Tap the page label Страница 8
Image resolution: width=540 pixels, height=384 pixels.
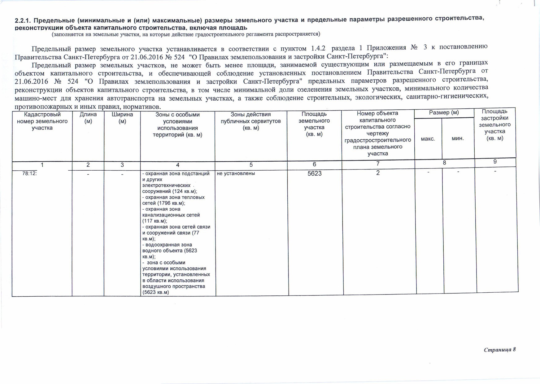(500, 350)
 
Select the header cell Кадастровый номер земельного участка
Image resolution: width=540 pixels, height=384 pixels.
(42, 121)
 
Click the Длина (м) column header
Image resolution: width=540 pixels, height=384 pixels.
(88, 118)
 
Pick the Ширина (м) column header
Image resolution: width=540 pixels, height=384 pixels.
(122, 118)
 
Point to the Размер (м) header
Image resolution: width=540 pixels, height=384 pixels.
(444, 113)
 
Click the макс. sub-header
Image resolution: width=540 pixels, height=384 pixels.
(428, 139)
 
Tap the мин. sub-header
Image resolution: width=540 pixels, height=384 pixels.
(458, 138)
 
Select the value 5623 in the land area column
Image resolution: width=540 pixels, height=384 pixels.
(314, 173)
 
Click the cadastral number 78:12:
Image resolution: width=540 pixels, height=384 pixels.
(30, 173)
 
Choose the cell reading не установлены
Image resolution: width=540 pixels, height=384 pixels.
(236, 173)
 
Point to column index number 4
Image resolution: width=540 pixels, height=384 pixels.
(177, 165)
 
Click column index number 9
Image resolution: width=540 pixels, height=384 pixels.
(495, 162)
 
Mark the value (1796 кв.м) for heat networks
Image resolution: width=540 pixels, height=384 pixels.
(171, 203)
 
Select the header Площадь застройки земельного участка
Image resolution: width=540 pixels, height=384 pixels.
(494, 125)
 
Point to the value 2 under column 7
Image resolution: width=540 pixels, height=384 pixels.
(378, 173)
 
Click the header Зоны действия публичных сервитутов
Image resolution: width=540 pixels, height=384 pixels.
(250, 121)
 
